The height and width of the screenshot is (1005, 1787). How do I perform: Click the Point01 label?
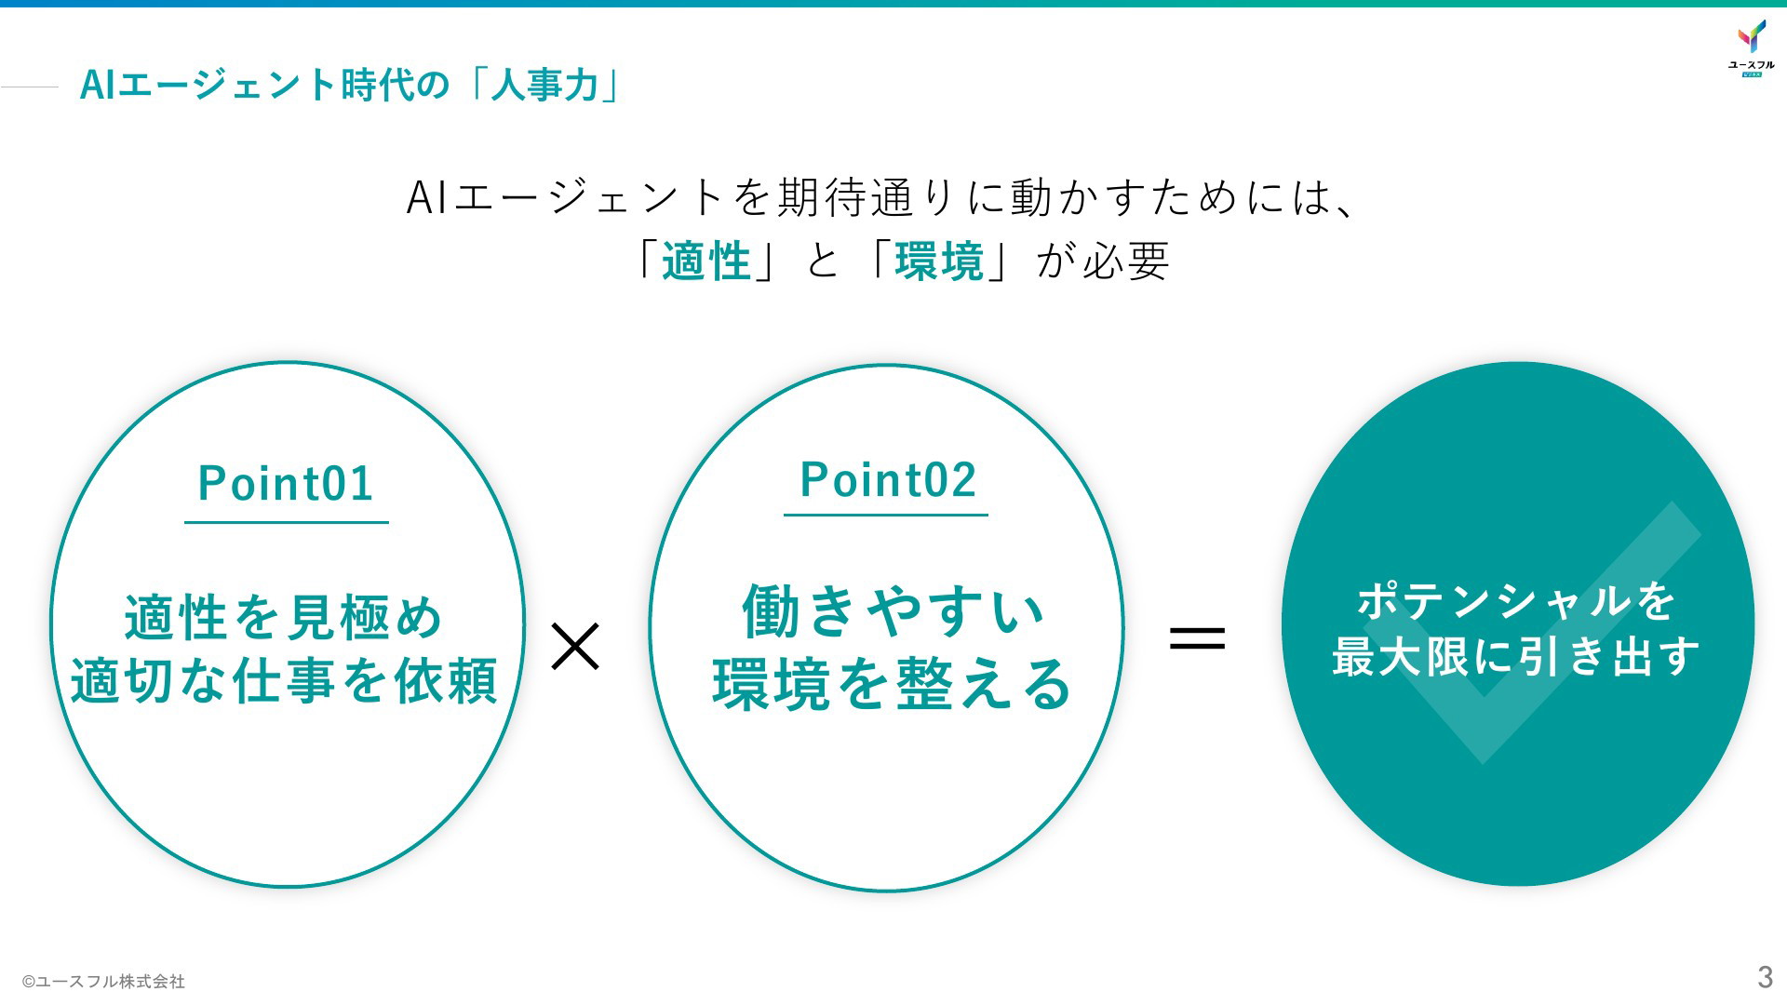click(286, 483)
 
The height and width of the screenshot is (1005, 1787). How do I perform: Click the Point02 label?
click(888, 479)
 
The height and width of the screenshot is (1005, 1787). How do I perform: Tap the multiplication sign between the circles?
click(575, 647)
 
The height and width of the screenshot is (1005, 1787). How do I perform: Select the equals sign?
click(1197, 638)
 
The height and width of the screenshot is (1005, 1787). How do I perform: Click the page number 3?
click(1765, 977)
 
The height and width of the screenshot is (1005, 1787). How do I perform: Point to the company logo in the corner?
click(1752, 47)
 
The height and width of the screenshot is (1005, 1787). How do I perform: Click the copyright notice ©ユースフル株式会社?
click(103, 981)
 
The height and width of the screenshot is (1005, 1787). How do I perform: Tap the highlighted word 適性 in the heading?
click(706, 261)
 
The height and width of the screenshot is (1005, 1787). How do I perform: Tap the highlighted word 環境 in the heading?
click(939, 261)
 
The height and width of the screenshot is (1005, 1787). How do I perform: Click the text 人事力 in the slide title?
click(544, 85)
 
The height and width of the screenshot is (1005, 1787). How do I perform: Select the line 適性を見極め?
click(284, 617)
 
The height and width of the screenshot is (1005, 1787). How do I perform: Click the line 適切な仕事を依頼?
click(284, 680)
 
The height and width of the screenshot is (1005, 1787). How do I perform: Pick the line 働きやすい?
click(893, 611)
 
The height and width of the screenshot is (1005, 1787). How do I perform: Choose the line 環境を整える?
click(892, 684)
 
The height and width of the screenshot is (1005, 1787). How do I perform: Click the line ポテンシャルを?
click(1516, 600)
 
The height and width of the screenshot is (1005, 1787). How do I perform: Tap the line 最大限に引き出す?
click(1516, 656)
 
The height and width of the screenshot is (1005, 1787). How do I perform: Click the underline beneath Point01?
click(287, 523)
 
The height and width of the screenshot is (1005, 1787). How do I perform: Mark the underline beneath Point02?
click(886, 515)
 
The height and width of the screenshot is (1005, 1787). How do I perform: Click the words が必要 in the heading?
click(1103, 261)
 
